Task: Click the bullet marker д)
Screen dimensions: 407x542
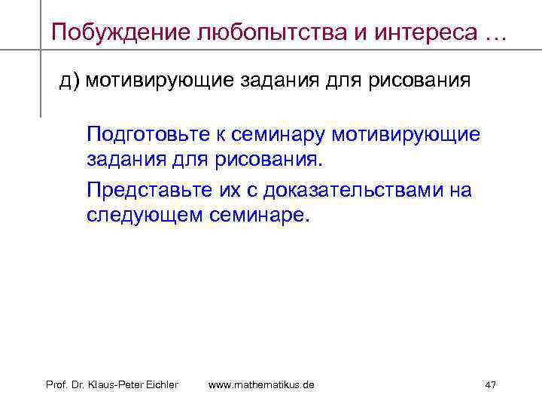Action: (x=69, y=81)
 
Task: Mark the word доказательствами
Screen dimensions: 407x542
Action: (x=358, y=189)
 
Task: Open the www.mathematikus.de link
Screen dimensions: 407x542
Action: (x=261, y=385)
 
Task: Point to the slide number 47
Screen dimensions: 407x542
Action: (x=491, y=385)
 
